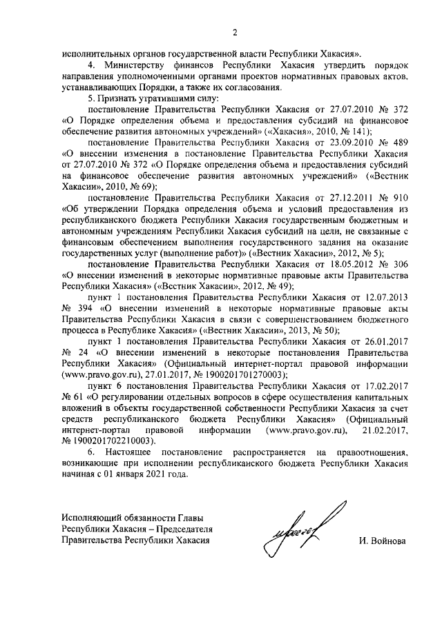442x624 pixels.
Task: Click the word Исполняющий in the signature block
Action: tap(93, 517)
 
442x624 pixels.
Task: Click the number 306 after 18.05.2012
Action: tap(399, 263)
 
